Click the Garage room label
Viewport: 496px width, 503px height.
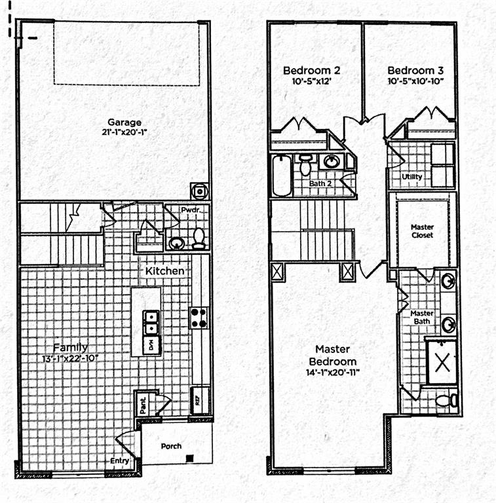[x=124, y=122]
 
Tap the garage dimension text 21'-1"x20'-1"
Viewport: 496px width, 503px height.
[x=124, y=132]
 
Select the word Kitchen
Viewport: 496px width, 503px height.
[x=164, y=270]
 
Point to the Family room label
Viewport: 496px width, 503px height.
[x=70, y=347]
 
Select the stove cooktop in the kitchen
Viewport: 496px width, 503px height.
[x=199, y=318]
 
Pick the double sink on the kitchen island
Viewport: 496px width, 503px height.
[x=151, y=321]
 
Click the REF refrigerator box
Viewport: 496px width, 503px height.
[x=199, y=399]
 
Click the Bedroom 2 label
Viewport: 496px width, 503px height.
[x=311, y=70]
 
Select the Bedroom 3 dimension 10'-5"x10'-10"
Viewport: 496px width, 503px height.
[x=415, y=81]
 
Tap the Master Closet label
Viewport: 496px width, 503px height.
[x=423, y=231]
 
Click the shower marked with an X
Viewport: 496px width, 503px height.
[x=442, y=362]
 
